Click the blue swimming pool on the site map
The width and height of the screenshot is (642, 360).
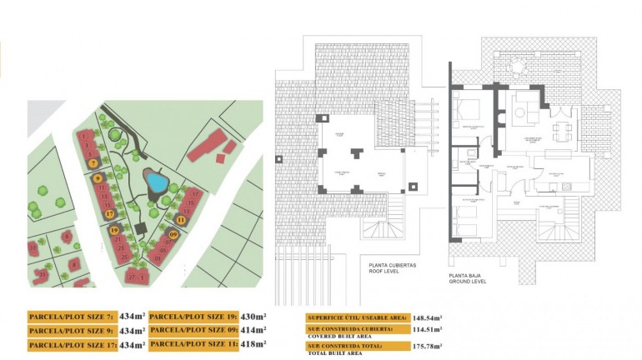point(153,179)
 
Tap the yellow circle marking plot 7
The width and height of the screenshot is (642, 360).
point(93,163)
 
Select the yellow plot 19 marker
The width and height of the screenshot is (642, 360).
point(113,229)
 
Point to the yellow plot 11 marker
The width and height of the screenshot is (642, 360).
point(181,220)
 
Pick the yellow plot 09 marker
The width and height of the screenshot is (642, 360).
point(173,235)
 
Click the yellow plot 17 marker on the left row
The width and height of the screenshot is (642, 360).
point(109,214)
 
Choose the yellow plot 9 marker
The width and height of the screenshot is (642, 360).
point(98,178)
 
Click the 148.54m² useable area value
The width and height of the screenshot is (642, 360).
point(427,317)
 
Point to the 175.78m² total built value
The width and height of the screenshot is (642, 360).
point(427,345)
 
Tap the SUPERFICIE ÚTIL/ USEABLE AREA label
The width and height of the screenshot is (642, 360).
point(358,317)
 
